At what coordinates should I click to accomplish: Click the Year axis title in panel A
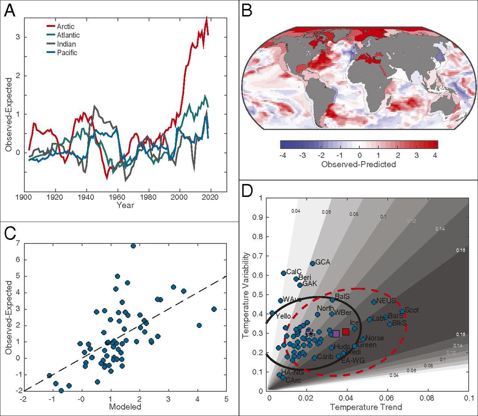125,205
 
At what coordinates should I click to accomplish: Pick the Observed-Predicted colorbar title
358,164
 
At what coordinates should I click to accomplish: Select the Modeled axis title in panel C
125,407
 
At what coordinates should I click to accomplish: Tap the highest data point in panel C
133,245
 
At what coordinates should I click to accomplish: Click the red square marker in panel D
346,332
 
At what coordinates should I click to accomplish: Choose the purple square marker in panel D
336,334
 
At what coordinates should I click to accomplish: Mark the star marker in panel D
310,334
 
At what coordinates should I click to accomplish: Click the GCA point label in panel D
323,262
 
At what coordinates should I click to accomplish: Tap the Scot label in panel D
412,310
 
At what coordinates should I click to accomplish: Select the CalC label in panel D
294,272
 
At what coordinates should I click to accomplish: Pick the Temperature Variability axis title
246,295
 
